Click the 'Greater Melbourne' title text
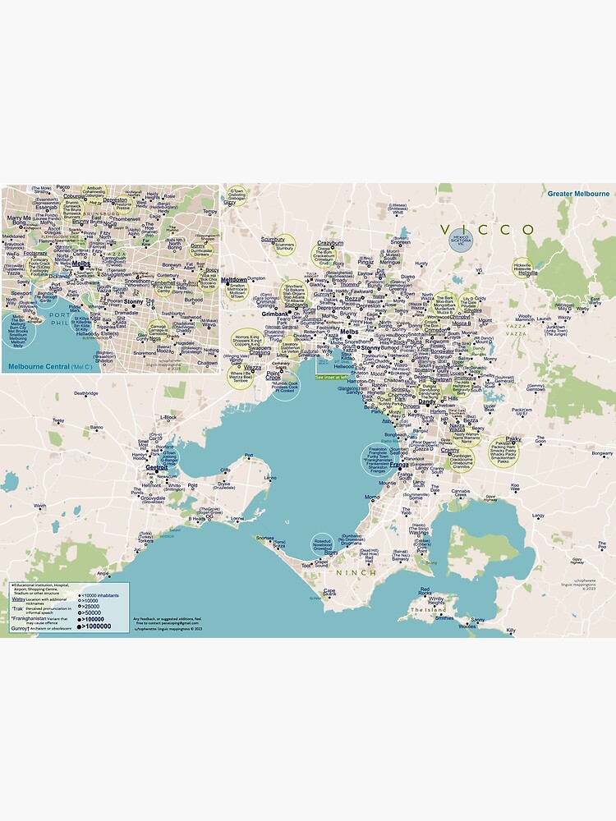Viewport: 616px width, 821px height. pos(579,194)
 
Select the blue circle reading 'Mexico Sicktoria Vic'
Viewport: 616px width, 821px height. pos(462,240)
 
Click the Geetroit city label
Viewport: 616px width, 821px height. pos(155,467)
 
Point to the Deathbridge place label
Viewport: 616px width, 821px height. pos(85,393)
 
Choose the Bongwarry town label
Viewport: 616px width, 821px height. pos(602,453)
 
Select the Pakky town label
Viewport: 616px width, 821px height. pos(513,439)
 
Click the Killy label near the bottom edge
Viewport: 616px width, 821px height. pos(510,631)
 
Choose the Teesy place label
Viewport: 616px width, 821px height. pos(57,420)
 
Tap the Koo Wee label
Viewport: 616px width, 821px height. pos(515,486)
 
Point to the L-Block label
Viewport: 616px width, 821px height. pos(168,417)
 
